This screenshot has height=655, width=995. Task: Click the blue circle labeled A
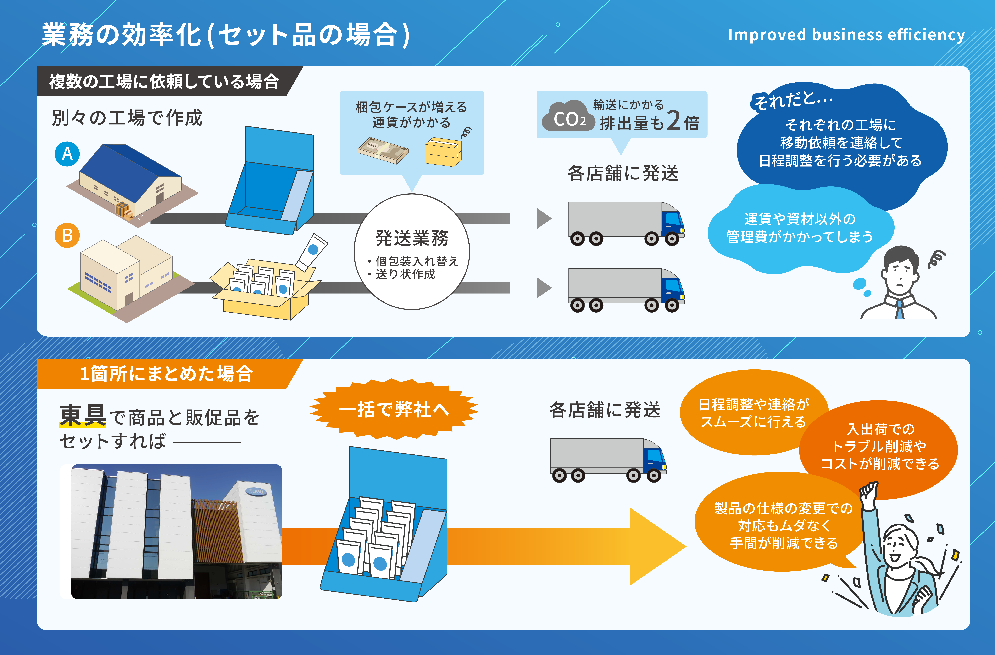pyautogui.click(x=67, y=154)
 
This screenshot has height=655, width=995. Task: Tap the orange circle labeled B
pyautogui.click(x=67, y=235)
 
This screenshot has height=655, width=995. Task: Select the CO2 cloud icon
pyautogui.click(x=569, y=116)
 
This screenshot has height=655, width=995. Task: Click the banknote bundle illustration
pyautogui.click(x=383, y=151)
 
